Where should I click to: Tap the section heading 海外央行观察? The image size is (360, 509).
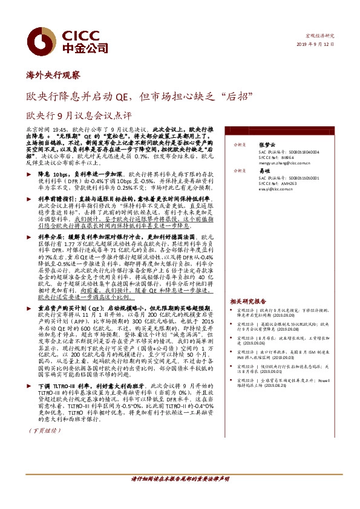point(54,74)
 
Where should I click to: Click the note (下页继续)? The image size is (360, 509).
point(42,413)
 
